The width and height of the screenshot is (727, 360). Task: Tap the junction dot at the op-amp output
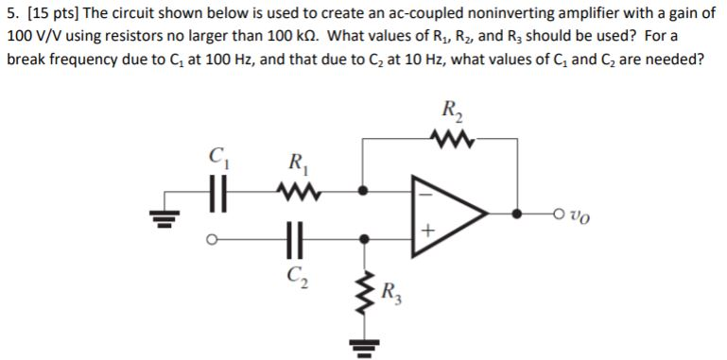(517, 213)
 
